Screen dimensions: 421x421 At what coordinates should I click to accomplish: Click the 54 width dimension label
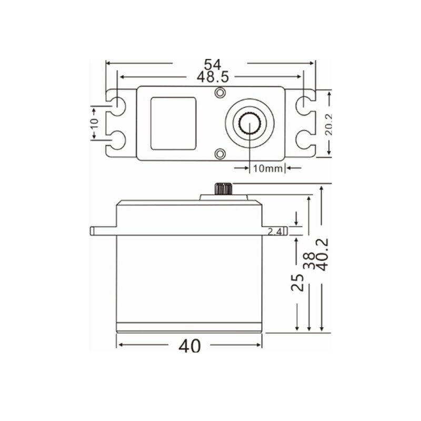pyautogui.click(x=212, y=64)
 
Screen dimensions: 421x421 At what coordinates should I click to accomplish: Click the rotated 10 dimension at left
pyautogui.click(x=94, y=123)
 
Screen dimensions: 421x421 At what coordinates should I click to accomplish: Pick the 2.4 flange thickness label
pyautogui.click(x=275, y=232)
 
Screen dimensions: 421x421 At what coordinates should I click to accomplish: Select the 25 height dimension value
pyautogui.click(x=298, y=282)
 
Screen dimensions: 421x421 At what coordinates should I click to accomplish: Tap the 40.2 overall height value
pyautogui.click(x=323, y=254)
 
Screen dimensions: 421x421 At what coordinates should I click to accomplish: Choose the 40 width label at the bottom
pyautogui.click(x=189, y=346)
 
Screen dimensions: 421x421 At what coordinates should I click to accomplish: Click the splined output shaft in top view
pyautogui.click(x=249, y=123)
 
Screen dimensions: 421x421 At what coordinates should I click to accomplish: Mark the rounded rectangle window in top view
pyautogui.click(x=173, y=123)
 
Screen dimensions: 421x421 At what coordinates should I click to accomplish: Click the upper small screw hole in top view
pyautogui.click(x=220, y=93)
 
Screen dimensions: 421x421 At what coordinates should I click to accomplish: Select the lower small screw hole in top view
pyautogui.click(x=220, y=153)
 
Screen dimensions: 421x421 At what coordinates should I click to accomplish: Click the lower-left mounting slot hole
pyautogui.click(x=118, y=140)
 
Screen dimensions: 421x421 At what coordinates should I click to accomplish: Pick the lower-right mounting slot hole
pyautogui.click(x=304, y=140)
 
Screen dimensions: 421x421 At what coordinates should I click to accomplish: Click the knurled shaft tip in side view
pyautogui.click(x=224, y=188)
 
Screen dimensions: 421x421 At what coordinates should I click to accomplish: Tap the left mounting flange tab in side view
pyautogui.click(x=103, y=230)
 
